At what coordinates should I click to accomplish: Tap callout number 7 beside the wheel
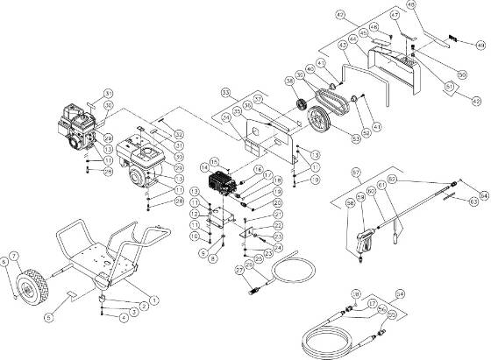tap(15, 255)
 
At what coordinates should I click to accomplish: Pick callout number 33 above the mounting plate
tap(225, 92)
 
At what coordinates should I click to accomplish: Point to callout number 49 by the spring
tap(480, 44)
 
